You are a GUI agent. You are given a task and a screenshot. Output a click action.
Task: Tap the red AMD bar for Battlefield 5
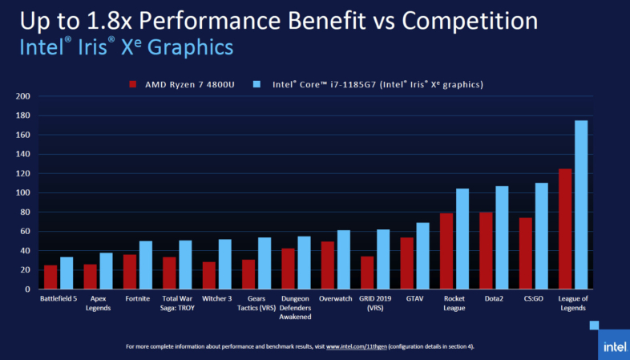click(50, 277)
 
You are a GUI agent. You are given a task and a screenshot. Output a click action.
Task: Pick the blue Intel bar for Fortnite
click(146, 265)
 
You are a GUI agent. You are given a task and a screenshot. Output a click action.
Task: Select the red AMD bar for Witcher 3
click(209, 275)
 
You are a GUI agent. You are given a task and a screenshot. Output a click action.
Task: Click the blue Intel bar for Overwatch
click(343, 259)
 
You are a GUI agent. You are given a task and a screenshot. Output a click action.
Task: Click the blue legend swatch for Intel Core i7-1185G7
click(256, 83)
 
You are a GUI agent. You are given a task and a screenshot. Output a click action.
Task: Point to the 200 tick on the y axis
click(23, 96)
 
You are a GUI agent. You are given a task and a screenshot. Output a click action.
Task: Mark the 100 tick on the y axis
click(23, 193)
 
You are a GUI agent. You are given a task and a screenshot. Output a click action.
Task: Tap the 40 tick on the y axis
click(26, 251)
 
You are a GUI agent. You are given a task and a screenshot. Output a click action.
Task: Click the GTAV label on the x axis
click(414, 298)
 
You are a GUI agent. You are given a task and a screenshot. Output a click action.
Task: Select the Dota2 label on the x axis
click(494, 298)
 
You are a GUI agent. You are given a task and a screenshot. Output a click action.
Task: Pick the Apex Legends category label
click(98, 302)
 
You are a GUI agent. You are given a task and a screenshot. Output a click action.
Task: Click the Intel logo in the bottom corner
click(613, 346)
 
